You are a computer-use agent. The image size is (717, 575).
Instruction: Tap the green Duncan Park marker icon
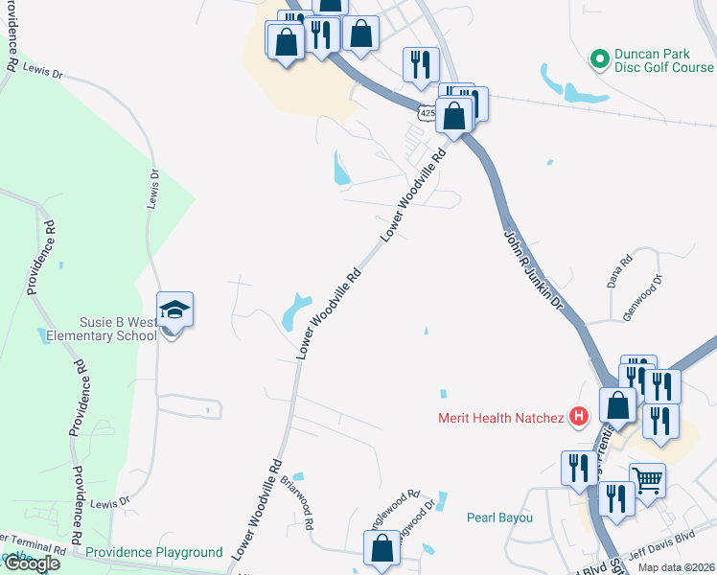point(600,60)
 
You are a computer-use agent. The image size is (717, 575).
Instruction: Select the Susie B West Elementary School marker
point(174,311)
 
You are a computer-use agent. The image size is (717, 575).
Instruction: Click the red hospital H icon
point(578,416)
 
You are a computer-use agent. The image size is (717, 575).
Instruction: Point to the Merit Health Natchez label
point(501,417)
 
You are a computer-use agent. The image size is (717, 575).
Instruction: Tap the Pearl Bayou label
point(498,517)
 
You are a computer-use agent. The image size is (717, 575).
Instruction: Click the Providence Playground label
point(153,553)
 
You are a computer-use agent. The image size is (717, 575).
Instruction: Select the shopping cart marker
point(648,480)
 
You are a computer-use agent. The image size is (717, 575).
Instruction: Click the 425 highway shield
point(427,113)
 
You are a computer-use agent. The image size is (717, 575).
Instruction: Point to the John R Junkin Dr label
point(532,273)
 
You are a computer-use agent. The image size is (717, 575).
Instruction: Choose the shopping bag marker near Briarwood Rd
point(382,549)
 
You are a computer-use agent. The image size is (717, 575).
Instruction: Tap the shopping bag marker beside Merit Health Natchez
point(618,404)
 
